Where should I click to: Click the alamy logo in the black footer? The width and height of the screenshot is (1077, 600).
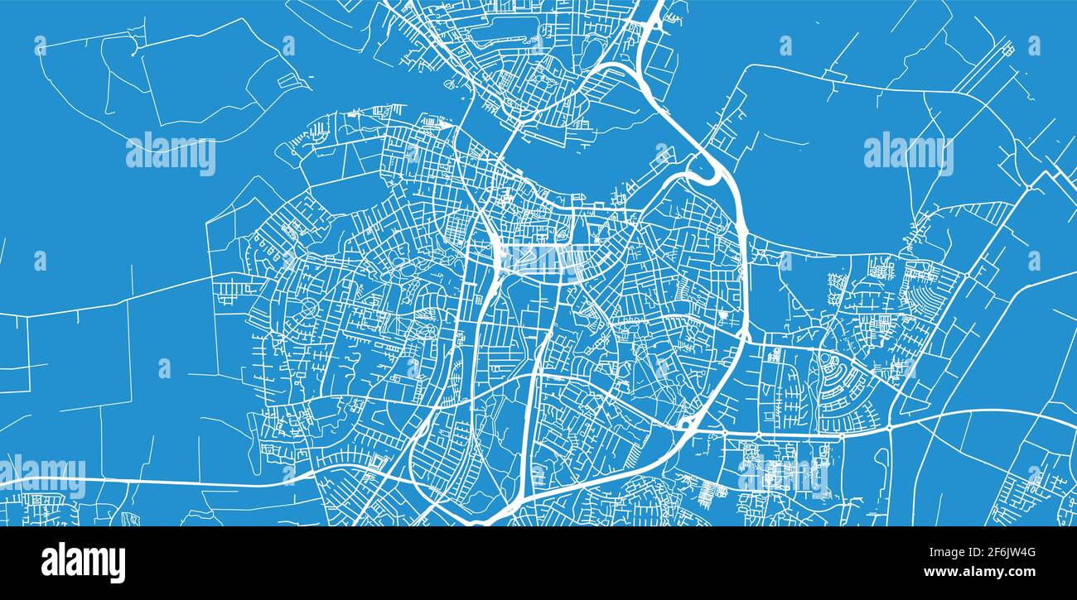click(83, 563)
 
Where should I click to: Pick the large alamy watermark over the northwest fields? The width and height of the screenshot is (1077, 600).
click(170, 154)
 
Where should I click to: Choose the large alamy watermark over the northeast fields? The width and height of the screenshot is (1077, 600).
click(908, 152)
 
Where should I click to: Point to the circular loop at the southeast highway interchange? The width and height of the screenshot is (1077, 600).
click(684, 424)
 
